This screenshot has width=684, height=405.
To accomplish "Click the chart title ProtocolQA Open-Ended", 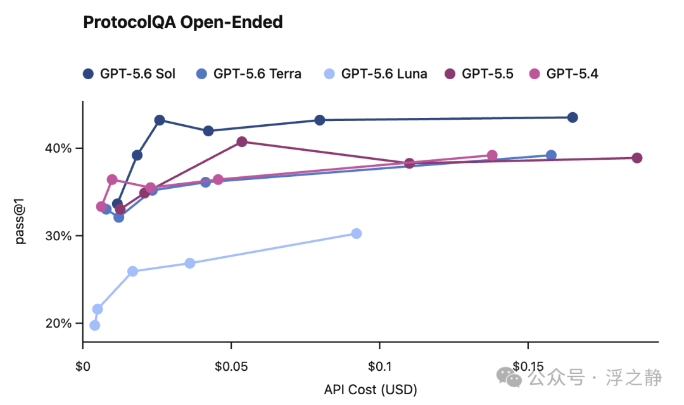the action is click(x=183, y=22).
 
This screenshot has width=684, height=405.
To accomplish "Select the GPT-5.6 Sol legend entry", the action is click(x=129, y=74).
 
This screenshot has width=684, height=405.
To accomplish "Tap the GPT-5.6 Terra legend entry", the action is click(x=249, y=74).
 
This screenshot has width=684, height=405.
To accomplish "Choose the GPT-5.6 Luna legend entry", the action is click(x=376, y=74).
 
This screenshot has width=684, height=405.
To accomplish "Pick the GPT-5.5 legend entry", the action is click(x=479, y=74).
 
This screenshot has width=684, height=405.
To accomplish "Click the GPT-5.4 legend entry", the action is click(x=564, y=74).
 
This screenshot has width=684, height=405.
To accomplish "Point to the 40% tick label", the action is click(x=58, y=148).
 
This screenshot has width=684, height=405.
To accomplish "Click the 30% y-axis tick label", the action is click(x=58, y=236).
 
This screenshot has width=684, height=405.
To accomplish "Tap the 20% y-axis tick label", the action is click(x=58, y=323).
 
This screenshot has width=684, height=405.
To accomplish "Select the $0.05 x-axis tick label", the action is click(x=231, y=366).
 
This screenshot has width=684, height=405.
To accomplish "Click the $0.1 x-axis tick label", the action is click(x=379, y=366).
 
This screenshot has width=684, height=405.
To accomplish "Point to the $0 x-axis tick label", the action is click(x=83, y=366).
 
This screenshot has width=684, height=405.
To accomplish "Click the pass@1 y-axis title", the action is click(x=20, y=221).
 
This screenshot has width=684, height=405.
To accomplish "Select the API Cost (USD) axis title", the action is click(x=370, y=389).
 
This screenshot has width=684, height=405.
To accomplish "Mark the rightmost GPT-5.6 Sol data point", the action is click(x=573, y=117).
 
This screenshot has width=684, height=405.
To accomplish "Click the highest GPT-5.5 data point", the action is click(x=242, y=142).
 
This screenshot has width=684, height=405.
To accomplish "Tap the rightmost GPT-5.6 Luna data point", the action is click(x=357, y=233).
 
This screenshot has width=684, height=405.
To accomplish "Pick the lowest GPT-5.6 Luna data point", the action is click(x=94, y=325).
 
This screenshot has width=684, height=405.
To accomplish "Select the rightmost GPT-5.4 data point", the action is click(x=492, y=155).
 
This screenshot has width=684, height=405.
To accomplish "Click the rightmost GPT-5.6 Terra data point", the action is click(x=551, y=155).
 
